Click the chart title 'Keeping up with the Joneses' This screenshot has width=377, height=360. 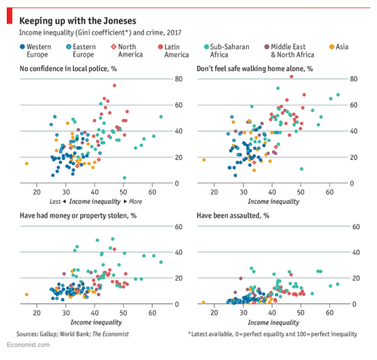78,21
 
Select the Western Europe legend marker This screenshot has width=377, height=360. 22,47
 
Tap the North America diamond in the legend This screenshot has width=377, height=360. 114,47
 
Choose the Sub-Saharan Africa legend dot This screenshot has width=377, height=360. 206,47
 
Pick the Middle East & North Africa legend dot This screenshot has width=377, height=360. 267,47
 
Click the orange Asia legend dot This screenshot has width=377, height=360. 332,47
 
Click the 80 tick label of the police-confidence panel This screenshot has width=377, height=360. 178,79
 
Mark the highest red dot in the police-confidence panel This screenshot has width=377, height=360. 114,85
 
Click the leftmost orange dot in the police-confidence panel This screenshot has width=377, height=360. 26,164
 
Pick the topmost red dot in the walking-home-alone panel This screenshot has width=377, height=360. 291,76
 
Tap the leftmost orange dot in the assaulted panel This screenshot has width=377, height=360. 204,302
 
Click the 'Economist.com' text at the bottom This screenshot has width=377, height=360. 29,344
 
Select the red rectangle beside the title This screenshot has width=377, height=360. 9,17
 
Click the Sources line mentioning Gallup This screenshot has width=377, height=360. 72,334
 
